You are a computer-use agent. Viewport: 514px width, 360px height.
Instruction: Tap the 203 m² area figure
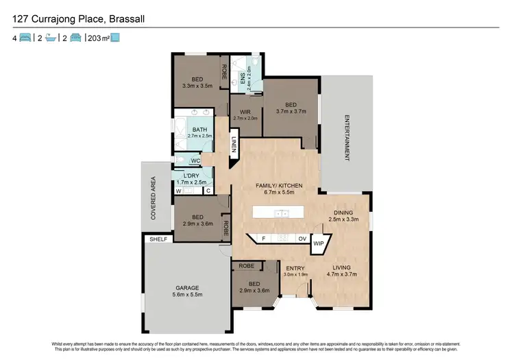tap(97, 38)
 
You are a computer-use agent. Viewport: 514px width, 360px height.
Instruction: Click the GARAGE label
tap(186, 287)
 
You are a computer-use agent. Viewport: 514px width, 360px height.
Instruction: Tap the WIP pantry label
tap(318, 243)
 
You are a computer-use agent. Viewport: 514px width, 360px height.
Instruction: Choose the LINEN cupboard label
tap(234, 145)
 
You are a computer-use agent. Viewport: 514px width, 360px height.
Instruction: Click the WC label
tap(195, 161)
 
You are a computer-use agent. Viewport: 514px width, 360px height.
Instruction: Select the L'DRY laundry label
tap(191, 176)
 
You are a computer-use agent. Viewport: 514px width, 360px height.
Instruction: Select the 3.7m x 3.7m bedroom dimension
tap(291, 110)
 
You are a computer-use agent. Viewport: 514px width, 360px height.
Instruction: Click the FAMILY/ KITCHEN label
tap(274, 186)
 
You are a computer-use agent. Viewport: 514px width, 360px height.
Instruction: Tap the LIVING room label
tap(341, 267)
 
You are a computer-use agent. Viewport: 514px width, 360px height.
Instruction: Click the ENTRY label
tap(296, 267)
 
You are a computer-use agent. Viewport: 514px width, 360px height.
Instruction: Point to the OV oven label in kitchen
tap(302, 238)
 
